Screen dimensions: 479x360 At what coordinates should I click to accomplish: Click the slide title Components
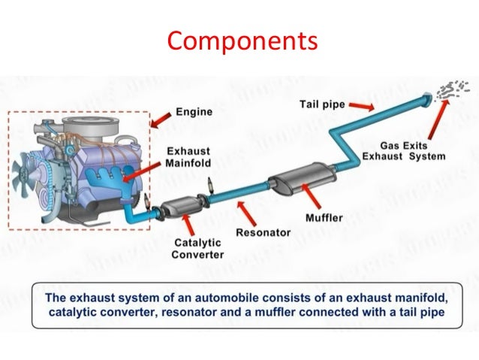coord(240,39)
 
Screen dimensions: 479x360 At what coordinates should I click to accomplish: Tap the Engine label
coord(194,112)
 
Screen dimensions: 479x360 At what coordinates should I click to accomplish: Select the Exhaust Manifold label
coord(188,156)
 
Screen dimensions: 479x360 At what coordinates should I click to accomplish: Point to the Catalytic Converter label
coord(199,248)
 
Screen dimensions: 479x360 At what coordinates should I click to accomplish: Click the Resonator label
coord(263,232)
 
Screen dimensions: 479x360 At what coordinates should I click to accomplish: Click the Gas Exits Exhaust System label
coord(403,150)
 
